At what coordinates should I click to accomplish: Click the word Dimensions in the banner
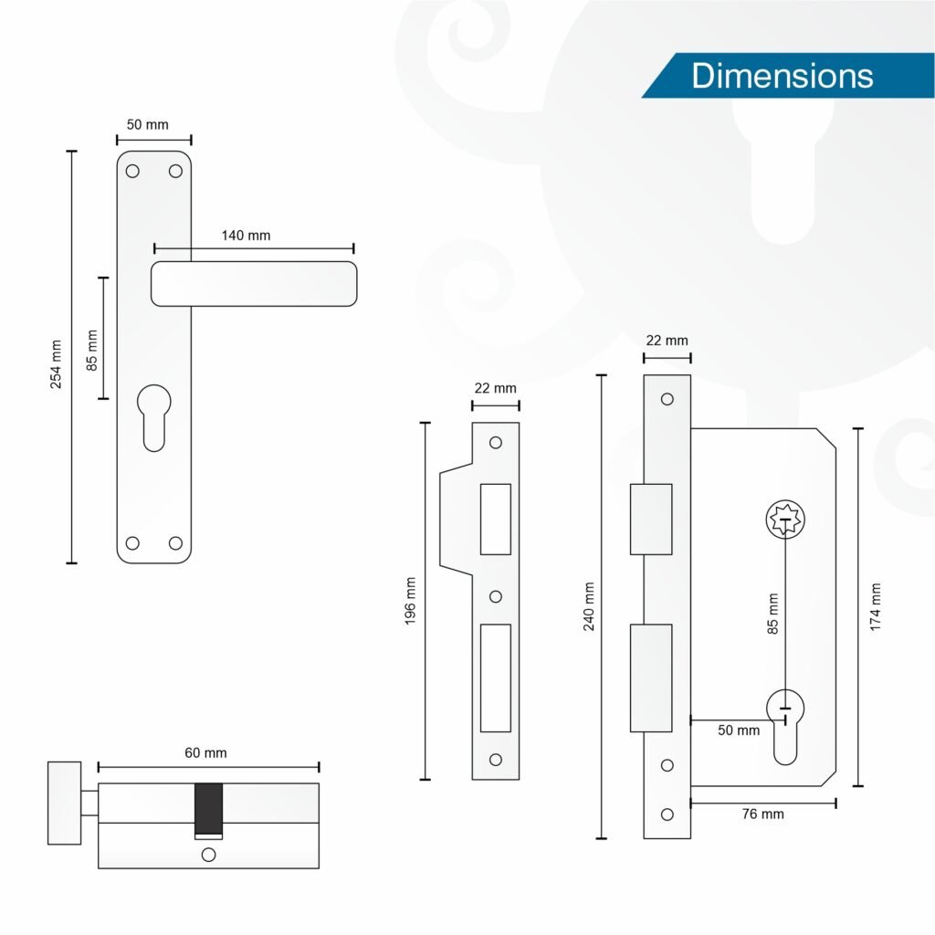coord(782,76)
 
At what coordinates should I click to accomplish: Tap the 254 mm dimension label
coord(56,364)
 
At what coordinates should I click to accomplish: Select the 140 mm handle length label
coord(246,236)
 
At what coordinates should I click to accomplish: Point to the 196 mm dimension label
coord(410,601)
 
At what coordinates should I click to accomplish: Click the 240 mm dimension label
coord(589,606)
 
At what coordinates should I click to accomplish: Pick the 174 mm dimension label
coord(875,607)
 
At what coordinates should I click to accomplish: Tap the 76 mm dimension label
coord(762,814)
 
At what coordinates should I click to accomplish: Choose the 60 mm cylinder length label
coord(205,753)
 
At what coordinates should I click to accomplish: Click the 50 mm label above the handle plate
coord(147,124)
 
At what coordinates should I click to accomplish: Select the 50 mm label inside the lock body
coord(738,730)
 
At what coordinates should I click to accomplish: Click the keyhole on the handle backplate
coord(153,417)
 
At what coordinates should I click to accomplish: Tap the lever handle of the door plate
coord(254,284)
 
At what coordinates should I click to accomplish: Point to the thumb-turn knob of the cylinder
coord(65,803)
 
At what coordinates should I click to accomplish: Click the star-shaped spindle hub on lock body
coord(785,520)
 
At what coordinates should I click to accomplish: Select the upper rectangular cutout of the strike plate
coord(496,520)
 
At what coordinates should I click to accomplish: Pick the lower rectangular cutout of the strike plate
coord(496,678)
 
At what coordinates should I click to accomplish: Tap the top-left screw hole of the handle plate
coord(132,171)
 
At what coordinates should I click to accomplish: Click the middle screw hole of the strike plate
coord(496,596)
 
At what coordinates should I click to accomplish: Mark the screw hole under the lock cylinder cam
coord(208,855)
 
